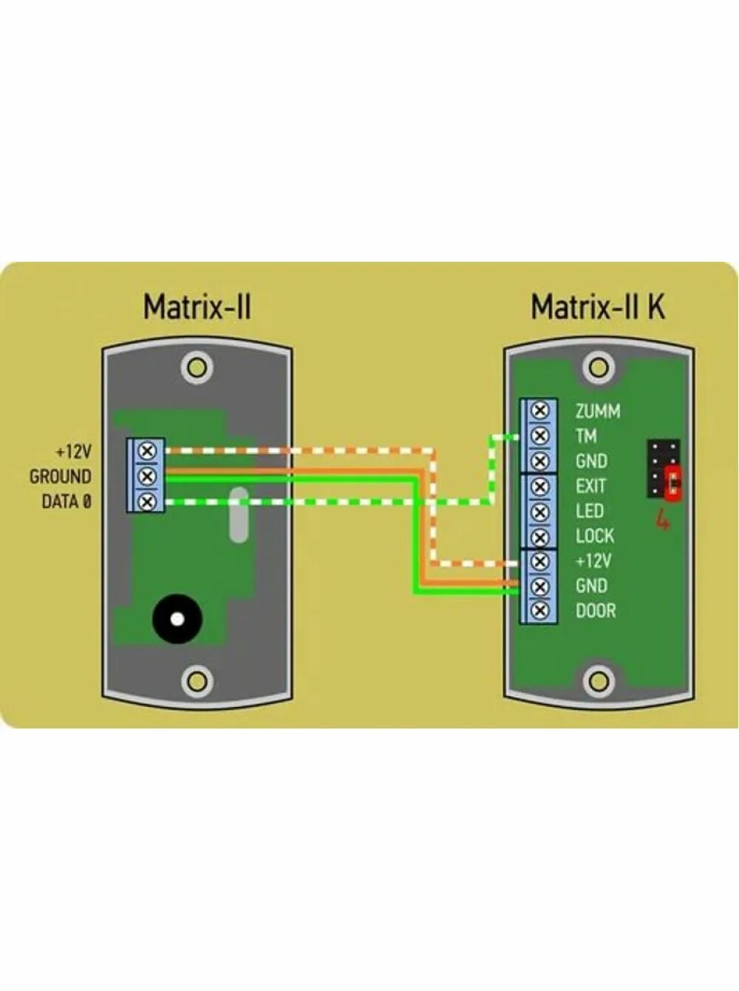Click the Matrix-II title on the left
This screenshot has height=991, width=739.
[197, 307]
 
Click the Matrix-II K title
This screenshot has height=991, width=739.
[598, 307]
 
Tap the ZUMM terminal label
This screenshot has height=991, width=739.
[598, 411]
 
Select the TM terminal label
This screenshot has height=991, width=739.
[586, 436]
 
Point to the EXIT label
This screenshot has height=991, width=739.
[590, 486]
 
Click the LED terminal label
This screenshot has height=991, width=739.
[590, 511]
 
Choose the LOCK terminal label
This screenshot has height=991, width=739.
[594, 536]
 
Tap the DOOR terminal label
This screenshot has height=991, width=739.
[595, 611]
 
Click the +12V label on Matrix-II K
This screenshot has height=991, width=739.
[593, 561]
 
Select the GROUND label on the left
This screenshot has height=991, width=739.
[61, 476]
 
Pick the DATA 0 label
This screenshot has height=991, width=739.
[67, 501]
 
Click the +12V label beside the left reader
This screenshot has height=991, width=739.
[73, 451]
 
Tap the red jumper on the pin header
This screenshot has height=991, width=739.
[673, 484]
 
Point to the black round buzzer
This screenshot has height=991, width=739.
[177, 619]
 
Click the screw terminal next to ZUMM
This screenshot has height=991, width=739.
[540, 410]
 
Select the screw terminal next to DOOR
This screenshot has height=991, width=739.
[540, 611]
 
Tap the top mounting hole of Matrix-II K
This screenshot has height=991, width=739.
[599, 368]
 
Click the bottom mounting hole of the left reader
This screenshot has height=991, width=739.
[197, 679]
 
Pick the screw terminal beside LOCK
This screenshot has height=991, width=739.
[540, 536]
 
